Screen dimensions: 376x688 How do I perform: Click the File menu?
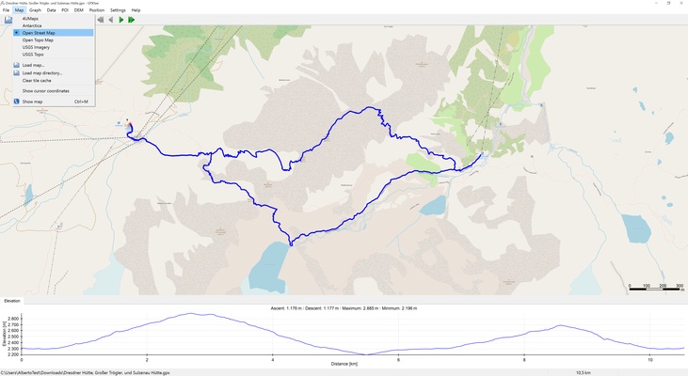coord(6,10)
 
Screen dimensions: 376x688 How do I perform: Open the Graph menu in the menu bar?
coord(35,10)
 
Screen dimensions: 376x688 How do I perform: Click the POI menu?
coord(65,10)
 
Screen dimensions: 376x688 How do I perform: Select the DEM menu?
coord(79,10)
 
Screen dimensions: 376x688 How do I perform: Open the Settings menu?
coord(118,10)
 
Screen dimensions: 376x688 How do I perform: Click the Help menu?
coord(136,10)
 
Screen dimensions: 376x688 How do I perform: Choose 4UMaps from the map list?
coord(31,18)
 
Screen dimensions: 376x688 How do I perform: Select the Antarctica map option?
coord(32,25)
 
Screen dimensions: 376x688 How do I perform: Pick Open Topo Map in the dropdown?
coord(39,39)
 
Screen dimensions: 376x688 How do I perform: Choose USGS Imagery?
coord(36,47)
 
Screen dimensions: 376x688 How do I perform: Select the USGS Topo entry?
coord(33,55)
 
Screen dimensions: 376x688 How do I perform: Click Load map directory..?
coord(42,72)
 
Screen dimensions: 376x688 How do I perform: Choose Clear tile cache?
coord(37,81)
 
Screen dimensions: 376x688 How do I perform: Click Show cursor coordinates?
coord(46,91)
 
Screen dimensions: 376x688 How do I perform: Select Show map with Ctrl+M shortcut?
coord(32,102)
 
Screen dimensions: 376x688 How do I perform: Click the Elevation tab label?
coord(12,301)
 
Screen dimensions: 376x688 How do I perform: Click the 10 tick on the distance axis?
coord(649,359)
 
